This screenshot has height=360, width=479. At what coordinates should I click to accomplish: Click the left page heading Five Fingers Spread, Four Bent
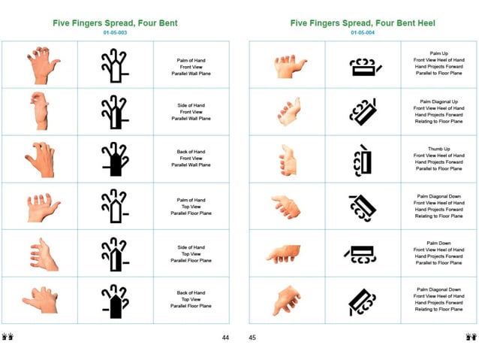point(115,23)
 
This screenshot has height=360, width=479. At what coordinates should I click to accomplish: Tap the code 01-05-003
point(115,33)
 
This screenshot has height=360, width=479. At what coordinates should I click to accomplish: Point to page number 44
point(225,337)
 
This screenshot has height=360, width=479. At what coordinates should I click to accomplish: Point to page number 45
point(252,337)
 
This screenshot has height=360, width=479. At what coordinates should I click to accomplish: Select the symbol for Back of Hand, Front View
point(115,159)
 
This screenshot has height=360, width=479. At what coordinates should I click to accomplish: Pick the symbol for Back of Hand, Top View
point(115,301)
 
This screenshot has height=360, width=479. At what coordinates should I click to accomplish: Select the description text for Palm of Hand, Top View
point(191,206)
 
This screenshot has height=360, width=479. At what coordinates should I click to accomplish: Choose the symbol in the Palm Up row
point(364,66)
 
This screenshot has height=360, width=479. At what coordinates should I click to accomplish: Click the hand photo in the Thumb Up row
point(288,159)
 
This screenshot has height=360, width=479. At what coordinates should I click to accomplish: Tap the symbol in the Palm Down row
point(363,253)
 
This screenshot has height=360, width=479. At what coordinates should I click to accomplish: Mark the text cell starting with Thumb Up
point(438,159)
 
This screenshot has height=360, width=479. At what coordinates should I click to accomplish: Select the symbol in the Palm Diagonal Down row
point(363,206)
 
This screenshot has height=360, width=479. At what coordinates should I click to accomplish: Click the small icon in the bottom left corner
point(8,337)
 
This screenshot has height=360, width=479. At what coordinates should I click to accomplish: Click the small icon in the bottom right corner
point(471,337)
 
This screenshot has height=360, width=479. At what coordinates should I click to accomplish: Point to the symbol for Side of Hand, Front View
point(115,111)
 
